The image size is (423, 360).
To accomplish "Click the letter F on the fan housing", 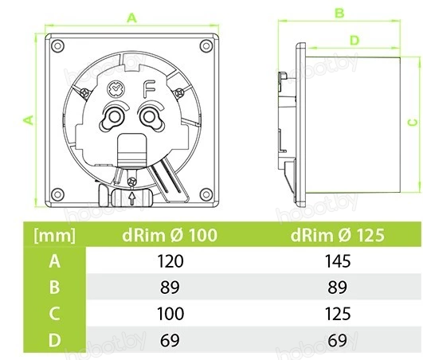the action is click(x=149, y=89).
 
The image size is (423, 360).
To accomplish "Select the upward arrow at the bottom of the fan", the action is click(x=132, y=198).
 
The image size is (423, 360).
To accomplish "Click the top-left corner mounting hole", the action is click(x=57, y=45).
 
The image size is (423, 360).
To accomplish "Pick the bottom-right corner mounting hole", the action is click(x=206, y=194).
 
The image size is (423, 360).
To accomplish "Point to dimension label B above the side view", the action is click(x=339, y=13).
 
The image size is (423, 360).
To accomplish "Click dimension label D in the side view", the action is click(x=354, y=41).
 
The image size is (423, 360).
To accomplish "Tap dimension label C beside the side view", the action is click(x=412, y=123).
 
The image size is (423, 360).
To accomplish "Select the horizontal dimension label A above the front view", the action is click(x=132, y=18).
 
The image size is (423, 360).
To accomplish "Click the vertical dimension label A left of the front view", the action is click(x=29, y=120).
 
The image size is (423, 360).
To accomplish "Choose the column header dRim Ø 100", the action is click(x=170, y=235).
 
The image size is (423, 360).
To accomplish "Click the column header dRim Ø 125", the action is click(x=338, y=235).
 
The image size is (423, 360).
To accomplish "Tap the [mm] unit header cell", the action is click(x=54, y=236).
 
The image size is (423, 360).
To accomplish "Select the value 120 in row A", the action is click(x=170, y=261).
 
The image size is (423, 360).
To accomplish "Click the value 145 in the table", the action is click(x=338, y=261).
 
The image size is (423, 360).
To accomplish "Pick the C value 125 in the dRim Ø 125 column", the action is click(x=338, y=313).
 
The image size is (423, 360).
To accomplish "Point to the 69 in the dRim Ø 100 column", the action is click(x=170, y=340).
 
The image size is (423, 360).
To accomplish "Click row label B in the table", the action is click(x=54, y=287).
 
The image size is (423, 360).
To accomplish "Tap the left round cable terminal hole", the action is click(x=113, y=117).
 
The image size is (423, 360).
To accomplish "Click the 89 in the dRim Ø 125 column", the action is click(x=338, y=288).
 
